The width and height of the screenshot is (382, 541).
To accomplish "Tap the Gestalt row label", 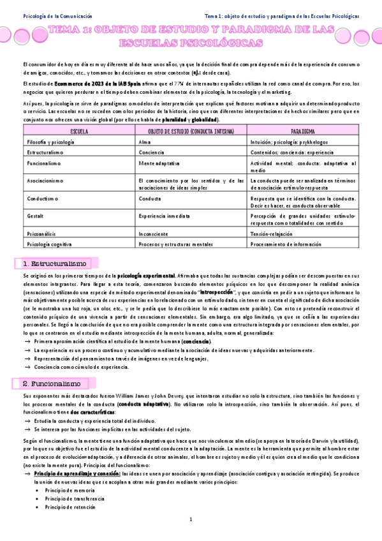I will click(36, 216).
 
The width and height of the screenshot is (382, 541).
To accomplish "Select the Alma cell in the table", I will click(144, 142).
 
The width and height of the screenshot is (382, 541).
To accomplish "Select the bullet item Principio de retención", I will click(66, 507).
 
